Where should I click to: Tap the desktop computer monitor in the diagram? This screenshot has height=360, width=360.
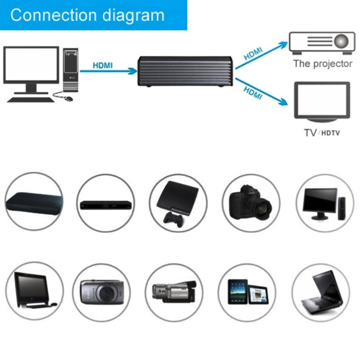pos(31,66)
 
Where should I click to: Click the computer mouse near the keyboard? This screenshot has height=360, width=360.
pos(69,98)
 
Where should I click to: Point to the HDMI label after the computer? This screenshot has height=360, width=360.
pos(102,65)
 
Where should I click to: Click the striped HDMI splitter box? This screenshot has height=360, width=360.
pos(185,71)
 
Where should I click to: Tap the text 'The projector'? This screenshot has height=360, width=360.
pos(323,63)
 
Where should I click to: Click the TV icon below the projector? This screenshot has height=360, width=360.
pos(322,101)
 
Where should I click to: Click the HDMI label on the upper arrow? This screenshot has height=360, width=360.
pos(253,52)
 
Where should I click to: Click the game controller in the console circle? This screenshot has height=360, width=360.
pos(170,218)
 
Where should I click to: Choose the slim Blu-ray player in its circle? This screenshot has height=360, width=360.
pos(105,205)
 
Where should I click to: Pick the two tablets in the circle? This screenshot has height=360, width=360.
pos(248,292)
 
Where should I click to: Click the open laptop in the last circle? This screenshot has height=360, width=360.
pos(320,291)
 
